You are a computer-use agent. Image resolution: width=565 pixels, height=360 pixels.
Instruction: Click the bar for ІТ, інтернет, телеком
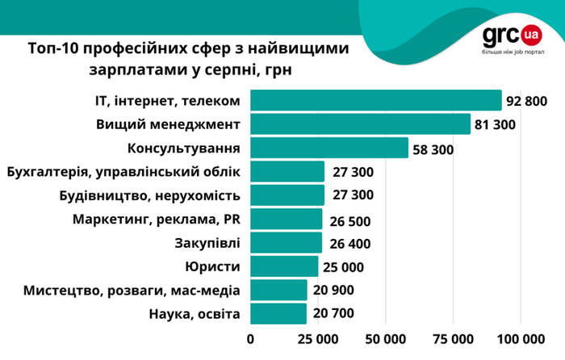coord(375,100)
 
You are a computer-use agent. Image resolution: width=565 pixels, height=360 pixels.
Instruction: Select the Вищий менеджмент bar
coord(360,124)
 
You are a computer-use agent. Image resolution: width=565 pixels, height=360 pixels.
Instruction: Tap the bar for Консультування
coord(329,149)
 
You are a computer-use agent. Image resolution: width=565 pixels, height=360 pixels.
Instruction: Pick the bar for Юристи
coord(284,266)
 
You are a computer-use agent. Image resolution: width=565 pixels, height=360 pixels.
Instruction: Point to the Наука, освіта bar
coord(278,314)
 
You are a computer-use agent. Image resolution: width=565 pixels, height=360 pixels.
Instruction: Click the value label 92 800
coord(527,101)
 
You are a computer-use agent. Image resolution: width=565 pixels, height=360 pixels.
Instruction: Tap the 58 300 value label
coord(432,149)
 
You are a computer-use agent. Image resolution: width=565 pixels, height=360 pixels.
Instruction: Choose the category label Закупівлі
coord(207,243)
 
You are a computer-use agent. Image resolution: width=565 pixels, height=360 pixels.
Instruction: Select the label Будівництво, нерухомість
coord(150,195)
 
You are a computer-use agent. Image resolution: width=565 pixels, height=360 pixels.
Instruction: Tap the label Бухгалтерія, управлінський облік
coord(123,172)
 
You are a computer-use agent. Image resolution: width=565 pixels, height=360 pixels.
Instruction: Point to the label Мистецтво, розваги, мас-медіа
coord(132,291)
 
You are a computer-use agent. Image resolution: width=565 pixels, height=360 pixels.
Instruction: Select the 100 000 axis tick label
coord(521,338)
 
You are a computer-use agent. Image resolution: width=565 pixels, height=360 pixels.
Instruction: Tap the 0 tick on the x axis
coord(250,338)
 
